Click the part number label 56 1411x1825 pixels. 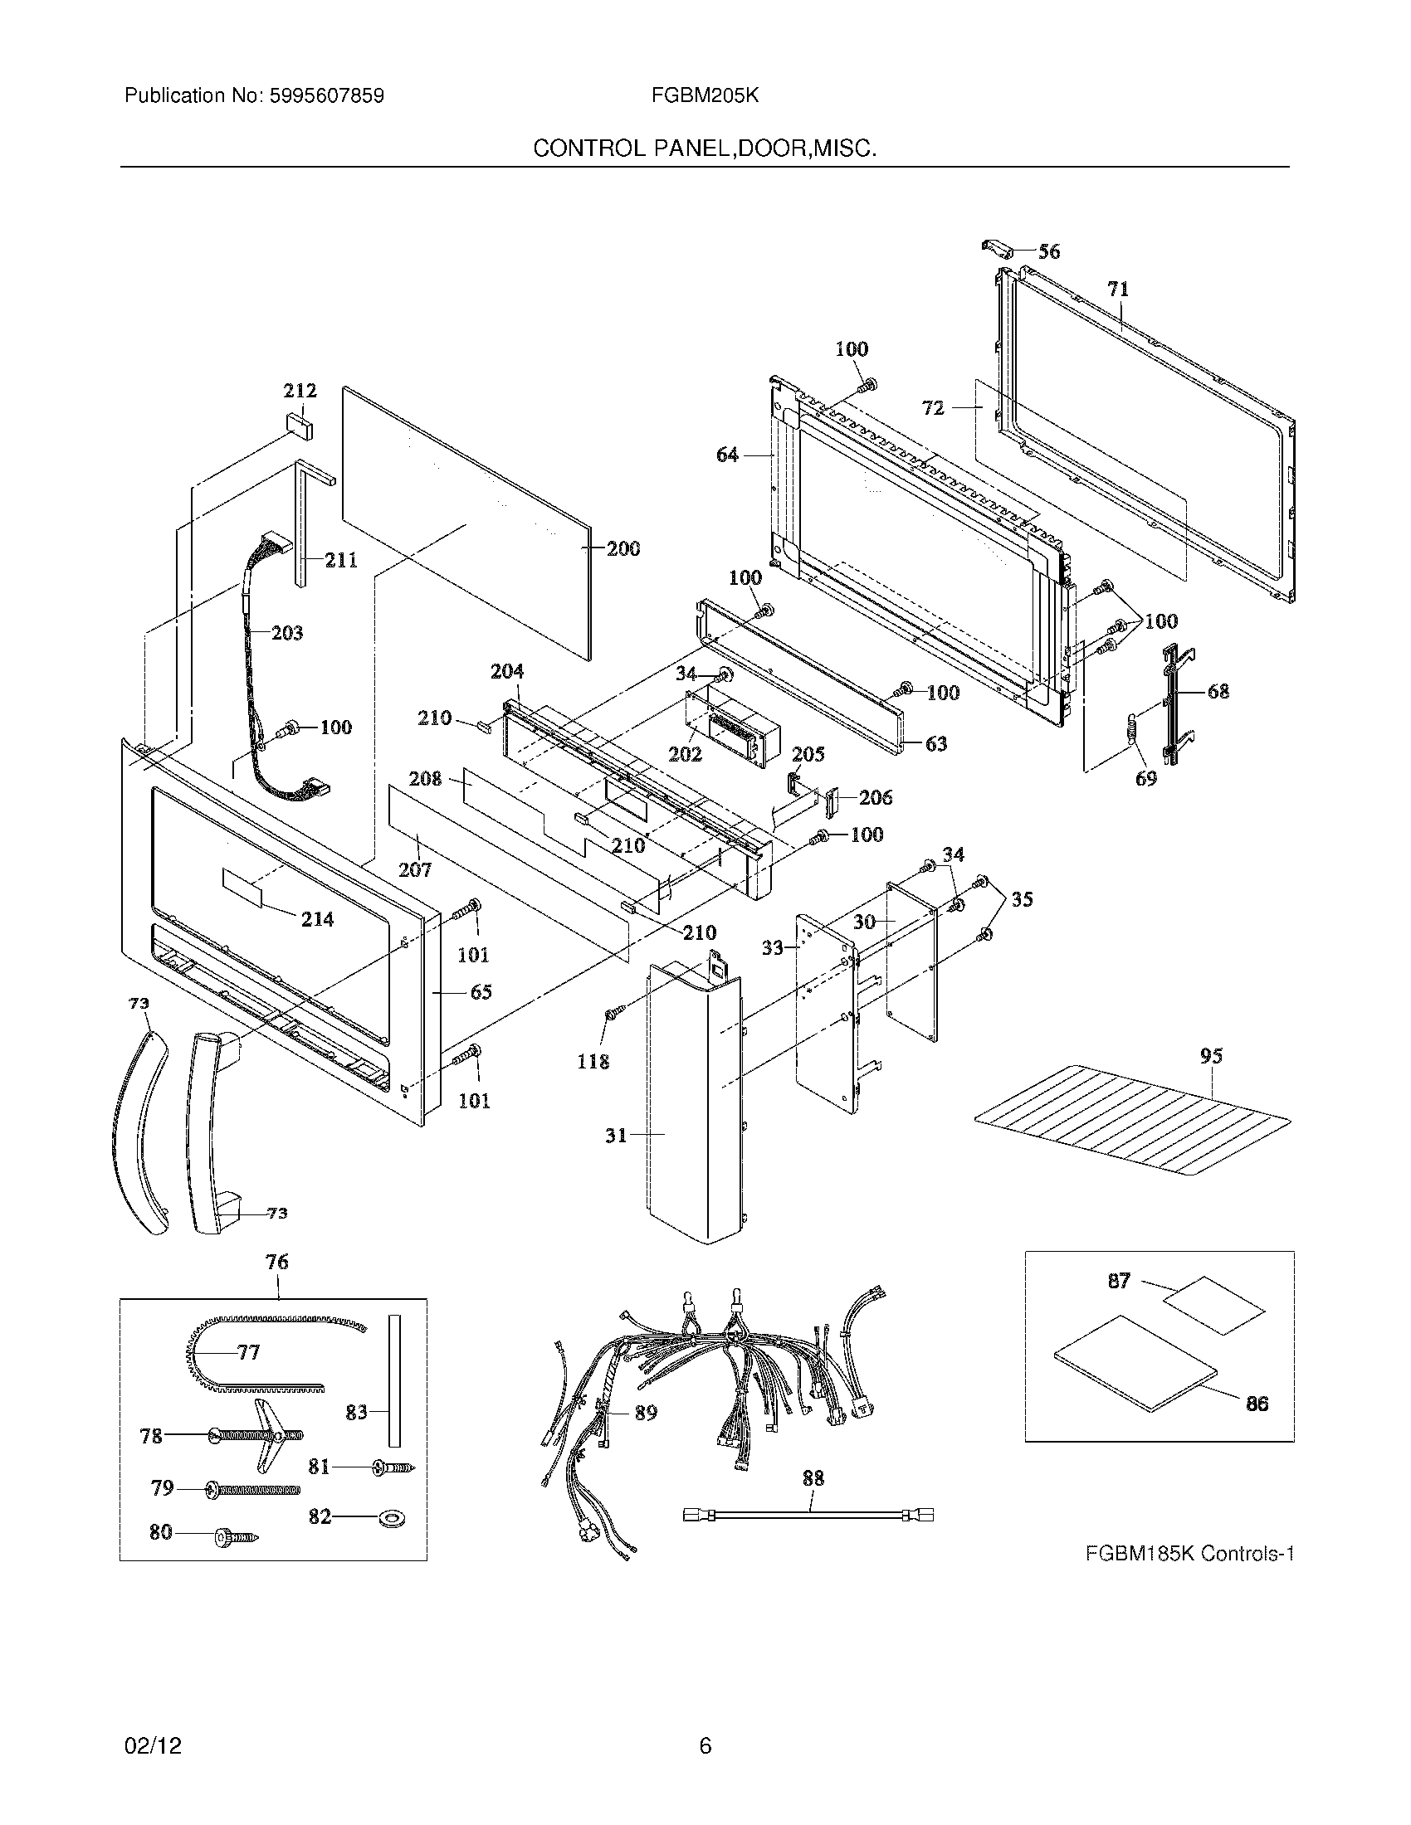[x=1048, y=251]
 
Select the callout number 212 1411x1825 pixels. [x=300, y=390]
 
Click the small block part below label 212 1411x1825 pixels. [x=300, y=425]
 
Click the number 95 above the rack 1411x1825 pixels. [x=1211, y=1055]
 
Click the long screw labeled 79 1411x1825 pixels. [x=251, y=1489]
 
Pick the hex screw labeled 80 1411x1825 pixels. [x=237, y=1534]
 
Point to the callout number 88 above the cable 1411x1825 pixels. [x=813, y=1478]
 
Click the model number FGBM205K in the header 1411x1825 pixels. [x=705, y=95]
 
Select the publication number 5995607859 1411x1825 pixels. [x=327, y=95]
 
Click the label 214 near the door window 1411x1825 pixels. [x=318, y=919]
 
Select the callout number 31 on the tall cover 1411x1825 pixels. [x=616, y=1135]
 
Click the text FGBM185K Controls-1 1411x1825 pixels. [x=1189, y=1555]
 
